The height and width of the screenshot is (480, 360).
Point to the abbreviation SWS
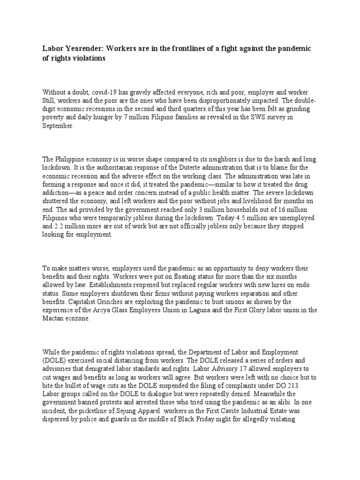250,118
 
